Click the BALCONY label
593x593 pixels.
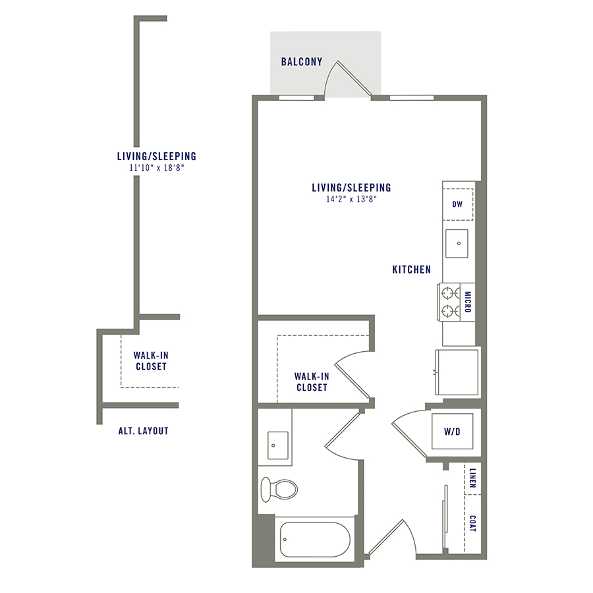coord(302,62)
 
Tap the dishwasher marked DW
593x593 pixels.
coord(457,204)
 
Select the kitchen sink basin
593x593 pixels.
coord(457,243)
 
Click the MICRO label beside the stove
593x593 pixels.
coord(468,302)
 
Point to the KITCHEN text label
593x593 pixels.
coord(411,269)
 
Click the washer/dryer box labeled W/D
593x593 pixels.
coord(452,433)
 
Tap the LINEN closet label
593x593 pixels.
coord(472,480)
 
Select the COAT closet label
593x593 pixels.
coord(472,524)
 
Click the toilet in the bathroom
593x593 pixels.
coord(278,488)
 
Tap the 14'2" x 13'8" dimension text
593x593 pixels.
coord(351,198)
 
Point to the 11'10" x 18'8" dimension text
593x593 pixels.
coord(156,167)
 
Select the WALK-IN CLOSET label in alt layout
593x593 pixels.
coord(150,360)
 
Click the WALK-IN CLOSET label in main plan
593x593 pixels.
coord(311,381)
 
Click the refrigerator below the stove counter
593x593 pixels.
coord(456,372)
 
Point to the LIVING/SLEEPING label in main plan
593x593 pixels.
coord(351,188)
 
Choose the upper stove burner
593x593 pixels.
coord(449,291)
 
